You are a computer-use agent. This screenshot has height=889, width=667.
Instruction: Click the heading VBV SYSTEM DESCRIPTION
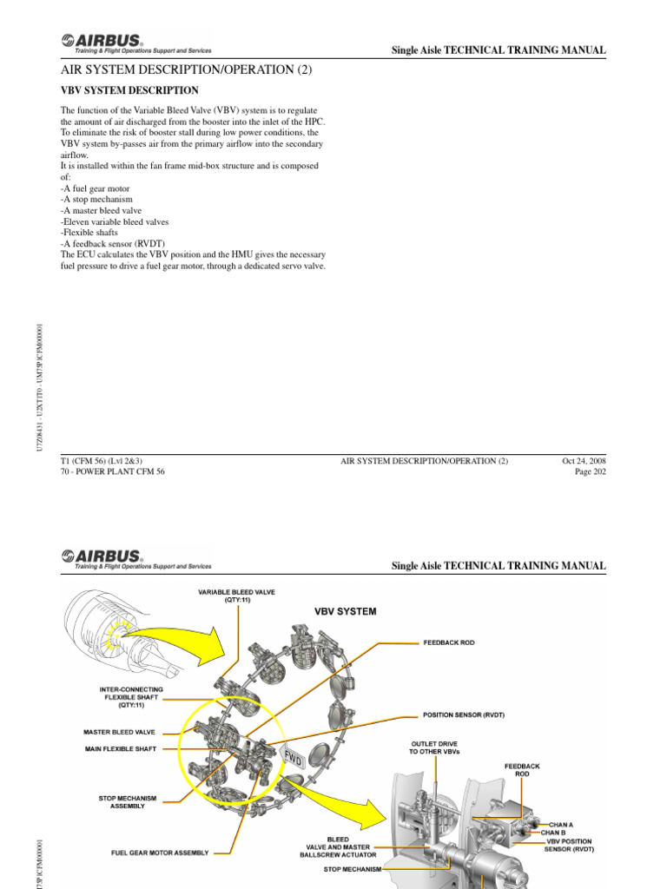(129, 90)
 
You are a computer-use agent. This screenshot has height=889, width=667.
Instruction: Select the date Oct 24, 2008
(584, 460)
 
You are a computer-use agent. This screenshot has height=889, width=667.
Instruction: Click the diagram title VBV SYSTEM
(345, 611)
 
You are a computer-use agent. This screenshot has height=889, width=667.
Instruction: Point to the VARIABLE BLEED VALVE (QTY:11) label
(236, 596)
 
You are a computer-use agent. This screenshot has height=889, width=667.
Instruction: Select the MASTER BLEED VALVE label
(120, 732)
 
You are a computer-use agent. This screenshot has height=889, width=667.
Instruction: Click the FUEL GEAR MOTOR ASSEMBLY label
(160, 853)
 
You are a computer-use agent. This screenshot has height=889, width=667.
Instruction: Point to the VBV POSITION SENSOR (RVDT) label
(570, 846)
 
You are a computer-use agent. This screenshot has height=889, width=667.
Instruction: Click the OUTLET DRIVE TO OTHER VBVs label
(433, 747)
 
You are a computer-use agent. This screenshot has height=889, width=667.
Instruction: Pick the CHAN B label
(557, 833)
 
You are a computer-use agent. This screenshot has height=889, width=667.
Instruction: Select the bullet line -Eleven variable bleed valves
(114, 221)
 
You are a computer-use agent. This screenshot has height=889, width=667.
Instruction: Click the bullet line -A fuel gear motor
(96, 188)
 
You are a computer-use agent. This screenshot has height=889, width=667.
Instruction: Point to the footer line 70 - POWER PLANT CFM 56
(112, 471)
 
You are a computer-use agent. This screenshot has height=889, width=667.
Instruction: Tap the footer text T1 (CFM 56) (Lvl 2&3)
(102, 460)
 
